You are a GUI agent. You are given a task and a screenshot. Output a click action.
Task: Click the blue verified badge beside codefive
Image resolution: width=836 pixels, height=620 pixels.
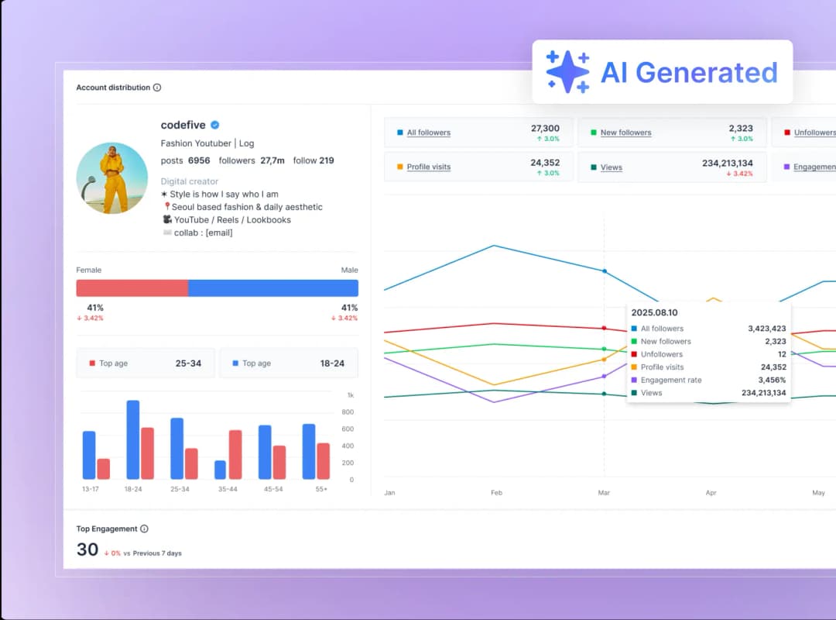[x=215, y=125]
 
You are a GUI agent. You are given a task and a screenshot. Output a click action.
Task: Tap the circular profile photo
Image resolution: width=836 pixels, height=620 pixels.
[x=112, y=178]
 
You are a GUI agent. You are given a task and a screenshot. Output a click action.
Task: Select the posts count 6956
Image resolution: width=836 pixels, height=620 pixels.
[x=199, y=160]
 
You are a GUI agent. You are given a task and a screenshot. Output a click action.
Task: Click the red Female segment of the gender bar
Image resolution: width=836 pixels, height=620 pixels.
[x=132, y=288]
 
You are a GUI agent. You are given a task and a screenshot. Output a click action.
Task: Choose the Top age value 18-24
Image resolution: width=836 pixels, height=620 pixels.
[x=332, y=363]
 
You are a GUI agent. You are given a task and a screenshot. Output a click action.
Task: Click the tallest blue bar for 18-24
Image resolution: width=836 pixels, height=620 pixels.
[x=133, y=439]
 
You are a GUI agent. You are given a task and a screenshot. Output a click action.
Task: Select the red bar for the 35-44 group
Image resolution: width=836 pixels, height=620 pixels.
[x=235, y=455]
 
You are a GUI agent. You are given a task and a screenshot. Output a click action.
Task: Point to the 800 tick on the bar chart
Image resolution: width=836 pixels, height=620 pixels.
[x=348, y=412]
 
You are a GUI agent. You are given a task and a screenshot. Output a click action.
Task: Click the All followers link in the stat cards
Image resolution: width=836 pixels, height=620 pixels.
[x=428, y=133]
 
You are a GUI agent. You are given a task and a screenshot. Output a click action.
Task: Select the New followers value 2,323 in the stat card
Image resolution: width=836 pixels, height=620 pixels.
[x=740, y=128]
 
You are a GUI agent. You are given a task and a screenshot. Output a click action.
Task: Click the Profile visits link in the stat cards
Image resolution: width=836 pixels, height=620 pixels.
[x=428, y=167]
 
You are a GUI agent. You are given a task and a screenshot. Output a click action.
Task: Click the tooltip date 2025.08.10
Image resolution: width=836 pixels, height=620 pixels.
[x=654, y=312]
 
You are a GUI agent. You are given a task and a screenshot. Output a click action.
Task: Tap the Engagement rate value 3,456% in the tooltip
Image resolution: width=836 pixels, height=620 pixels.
[x=772, y=380]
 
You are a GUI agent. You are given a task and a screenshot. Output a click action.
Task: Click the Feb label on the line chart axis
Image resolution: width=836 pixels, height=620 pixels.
[x=496, y=492]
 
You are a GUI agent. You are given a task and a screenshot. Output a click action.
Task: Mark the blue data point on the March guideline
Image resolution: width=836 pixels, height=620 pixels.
[x=604, y=271]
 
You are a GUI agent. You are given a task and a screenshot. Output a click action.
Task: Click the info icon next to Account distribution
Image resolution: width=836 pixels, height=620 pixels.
[x=157, y=88]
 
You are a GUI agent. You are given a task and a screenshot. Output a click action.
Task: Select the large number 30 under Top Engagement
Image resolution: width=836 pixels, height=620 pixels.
[x=87, y=549]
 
